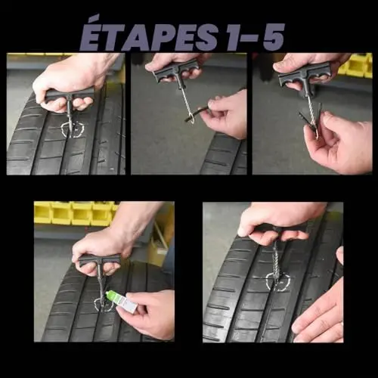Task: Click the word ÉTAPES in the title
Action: (149, 37)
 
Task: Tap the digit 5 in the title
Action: (274, 38)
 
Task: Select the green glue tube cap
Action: (111, 296)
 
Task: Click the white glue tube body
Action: (125, 303)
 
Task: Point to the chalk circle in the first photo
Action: (73, 129)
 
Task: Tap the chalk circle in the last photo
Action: (278, 282)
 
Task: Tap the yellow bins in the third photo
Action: (355, 66)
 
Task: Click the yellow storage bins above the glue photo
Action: (76, 213)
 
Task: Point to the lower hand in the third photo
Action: (339, 144)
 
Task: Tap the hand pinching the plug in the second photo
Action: (225, 113)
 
